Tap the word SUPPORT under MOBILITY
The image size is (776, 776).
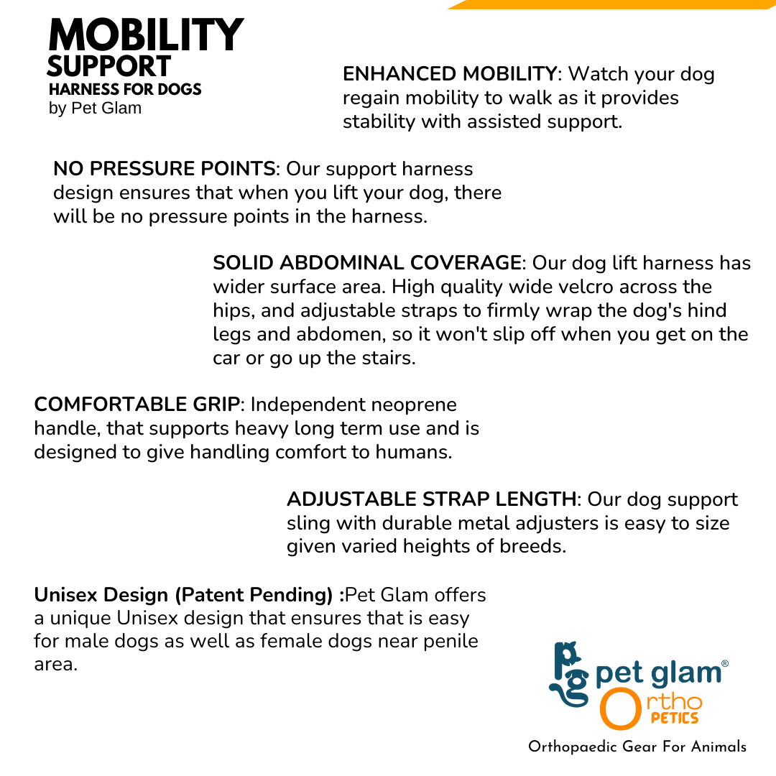[109, 66]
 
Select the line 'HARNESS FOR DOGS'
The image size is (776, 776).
[125, 89]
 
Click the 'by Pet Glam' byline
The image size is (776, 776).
[95, 108]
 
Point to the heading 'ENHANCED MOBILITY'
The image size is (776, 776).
[450, 74]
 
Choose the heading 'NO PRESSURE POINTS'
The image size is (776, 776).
[165, 169]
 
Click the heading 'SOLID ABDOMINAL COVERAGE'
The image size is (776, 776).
[367, 263]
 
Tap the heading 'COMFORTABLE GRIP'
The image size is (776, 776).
[137, 405]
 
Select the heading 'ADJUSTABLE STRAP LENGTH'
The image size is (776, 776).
[432, 499]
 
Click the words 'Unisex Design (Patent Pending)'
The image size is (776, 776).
[183, 594]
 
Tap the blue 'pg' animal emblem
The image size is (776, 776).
[568, 674]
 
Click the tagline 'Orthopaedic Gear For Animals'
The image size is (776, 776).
[637, 747]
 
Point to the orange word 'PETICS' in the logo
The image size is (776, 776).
[675, 718]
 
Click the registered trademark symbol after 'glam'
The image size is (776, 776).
[725, 664]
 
